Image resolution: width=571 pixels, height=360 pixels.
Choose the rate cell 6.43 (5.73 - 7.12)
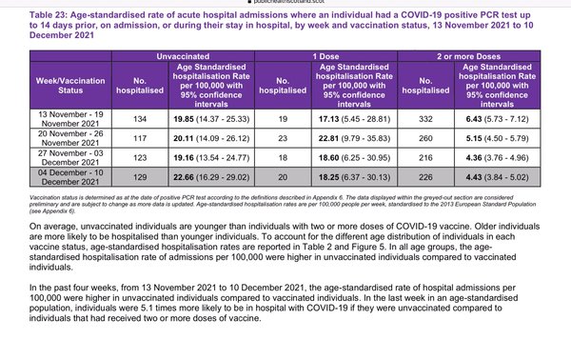[510, 119]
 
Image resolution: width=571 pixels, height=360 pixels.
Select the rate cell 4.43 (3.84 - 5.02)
[510, 178]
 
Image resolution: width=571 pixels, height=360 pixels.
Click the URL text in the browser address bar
[285, 3]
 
